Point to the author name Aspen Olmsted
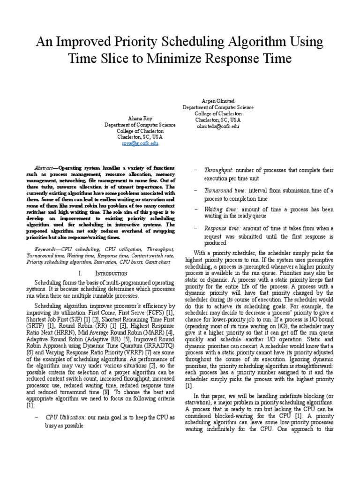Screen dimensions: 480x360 click(x=218, y=101)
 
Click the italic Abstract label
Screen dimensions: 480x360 click(x=45, y=168)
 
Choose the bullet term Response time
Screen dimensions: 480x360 click(x=222, y=228)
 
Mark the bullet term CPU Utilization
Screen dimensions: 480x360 click(x=66, y=417)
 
